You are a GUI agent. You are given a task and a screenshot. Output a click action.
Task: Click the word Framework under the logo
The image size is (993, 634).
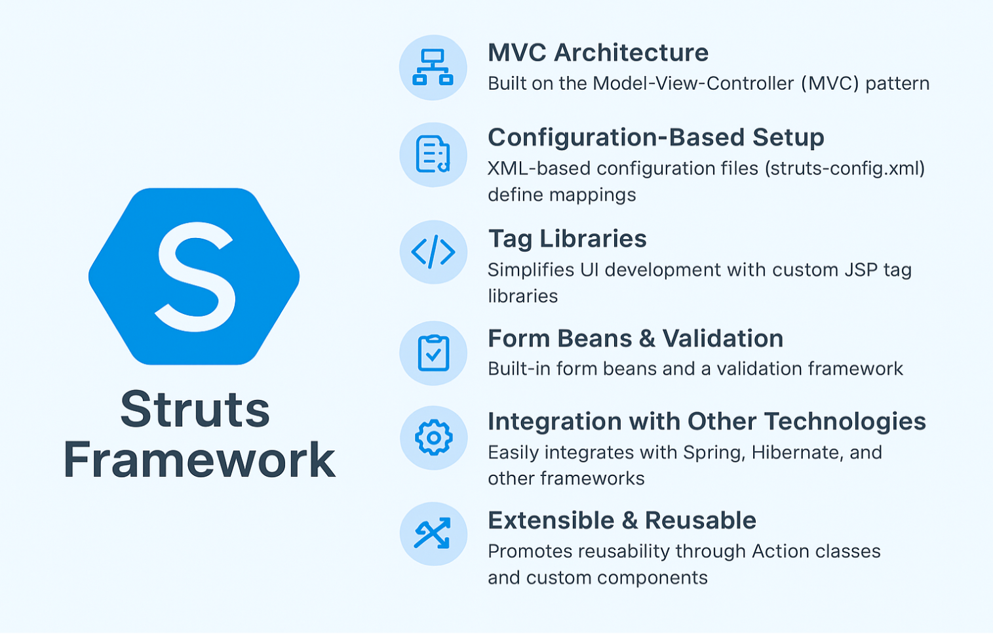tap(199, 460)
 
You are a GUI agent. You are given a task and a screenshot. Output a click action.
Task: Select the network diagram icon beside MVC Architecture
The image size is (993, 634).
tap(433, 67)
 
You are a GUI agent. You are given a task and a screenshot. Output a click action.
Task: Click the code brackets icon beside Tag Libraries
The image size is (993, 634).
tap(433, 252)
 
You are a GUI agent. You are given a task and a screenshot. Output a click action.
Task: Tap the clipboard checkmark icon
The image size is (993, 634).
tap(433, 353)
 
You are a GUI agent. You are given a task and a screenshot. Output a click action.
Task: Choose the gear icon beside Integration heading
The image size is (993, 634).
tap(433, 437)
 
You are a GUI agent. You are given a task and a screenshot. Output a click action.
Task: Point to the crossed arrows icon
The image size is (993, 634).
tap(433, 533)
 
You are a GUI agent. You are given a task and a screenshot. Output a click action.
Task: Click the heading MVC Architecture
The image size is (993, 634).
tap(598, 52)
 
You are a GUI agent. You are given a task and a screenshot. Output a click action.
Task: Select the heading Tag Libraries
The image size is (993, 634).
tap(568, 239)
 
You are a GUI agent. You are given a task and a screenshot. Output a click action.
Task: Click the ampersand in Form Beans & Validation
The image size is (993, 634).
tap(647, 339)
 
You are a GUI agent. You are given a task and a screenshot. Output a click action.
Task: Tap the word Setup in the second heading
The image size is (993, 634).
tap(789, 138)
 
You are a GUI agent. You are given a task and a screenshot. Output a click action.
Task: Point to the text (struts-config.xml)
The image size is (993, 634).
tap(845, 169)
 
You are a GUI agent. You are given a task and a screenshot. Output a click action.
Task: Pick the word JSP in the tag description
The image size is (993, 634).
tap(861, 270)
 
